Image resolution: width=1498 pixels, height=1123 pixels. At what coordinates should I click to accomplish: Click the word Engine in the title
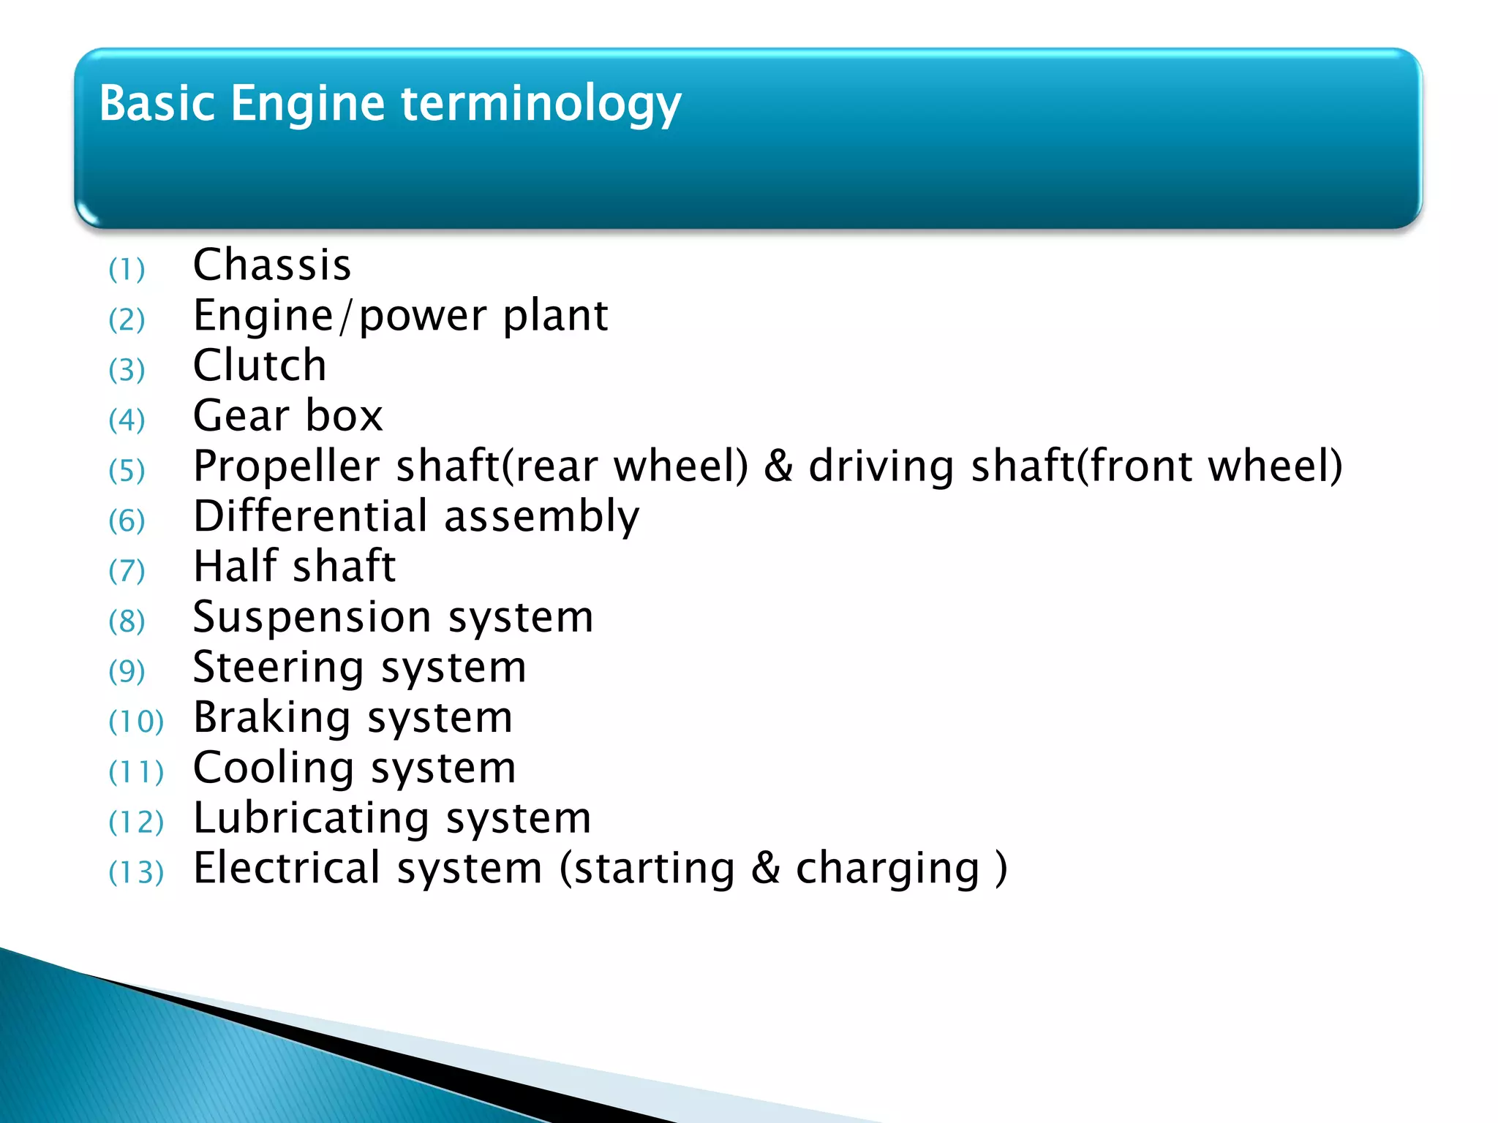point(307,104)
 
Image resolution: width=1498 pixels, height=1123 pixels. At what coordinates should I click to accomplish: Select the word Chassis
point(272,265)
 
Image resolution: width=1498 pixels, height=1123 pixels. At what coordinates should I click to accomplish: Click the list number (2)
point(127,319)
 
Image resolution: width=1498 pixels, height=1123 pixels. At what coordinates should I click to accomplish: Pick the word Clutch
point(260,366)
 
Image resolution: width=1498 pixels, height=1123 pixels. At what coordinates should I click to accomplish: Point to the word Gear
point(241,416)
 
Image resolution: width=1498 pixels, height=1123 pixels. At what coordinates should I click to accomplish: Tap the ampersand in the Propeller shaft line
point(778,466)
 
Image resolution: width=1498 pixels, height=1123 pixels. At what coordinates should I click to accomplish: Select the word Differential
point(310,516)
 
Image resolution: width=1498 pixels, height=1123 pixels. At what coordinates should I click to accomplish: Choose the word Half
point(235,567)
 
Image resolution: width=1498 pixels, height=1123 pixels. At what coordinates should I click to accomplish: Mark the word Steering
point(278,668)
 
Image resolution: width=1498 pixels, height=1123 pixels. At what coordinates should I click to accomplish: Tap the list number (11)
point(136,772)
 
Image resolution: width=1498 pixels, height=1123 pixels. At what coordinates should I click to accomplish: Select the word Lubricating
point(310,818)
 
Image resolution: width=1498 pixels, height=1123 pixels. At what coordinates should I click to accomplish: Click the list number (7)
point(127,571)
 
